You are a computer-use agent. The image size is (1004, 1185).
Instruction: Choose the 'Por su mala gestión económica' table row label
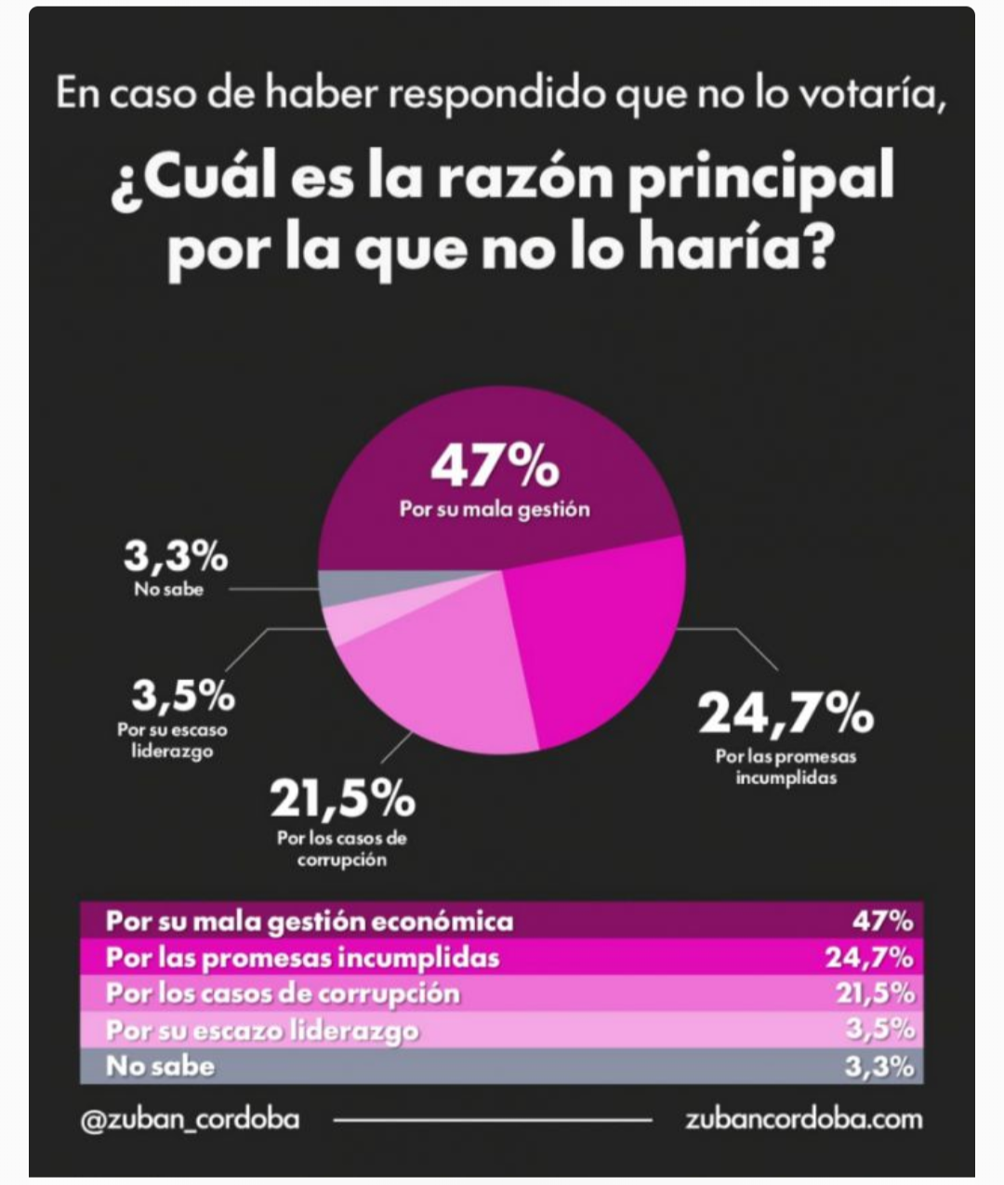(309, 921)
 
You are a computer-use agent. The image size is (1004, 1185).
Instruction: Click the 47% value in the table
(882, 921)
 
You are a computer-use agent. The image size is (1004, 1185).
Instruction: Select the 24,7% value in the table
(869, 957)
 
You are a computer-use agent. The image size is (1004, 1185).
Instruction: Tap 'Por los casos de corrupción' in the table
(283, 993)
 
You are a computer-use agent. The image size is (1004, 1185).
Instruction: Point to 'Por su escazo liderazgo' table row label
(262, 1030)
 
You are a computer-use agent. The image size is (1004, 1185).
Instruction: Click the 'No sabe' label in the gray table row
(160, 1066)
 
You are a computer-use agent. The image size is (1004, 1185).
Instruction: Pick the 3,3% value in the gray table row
(878, 1066)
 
